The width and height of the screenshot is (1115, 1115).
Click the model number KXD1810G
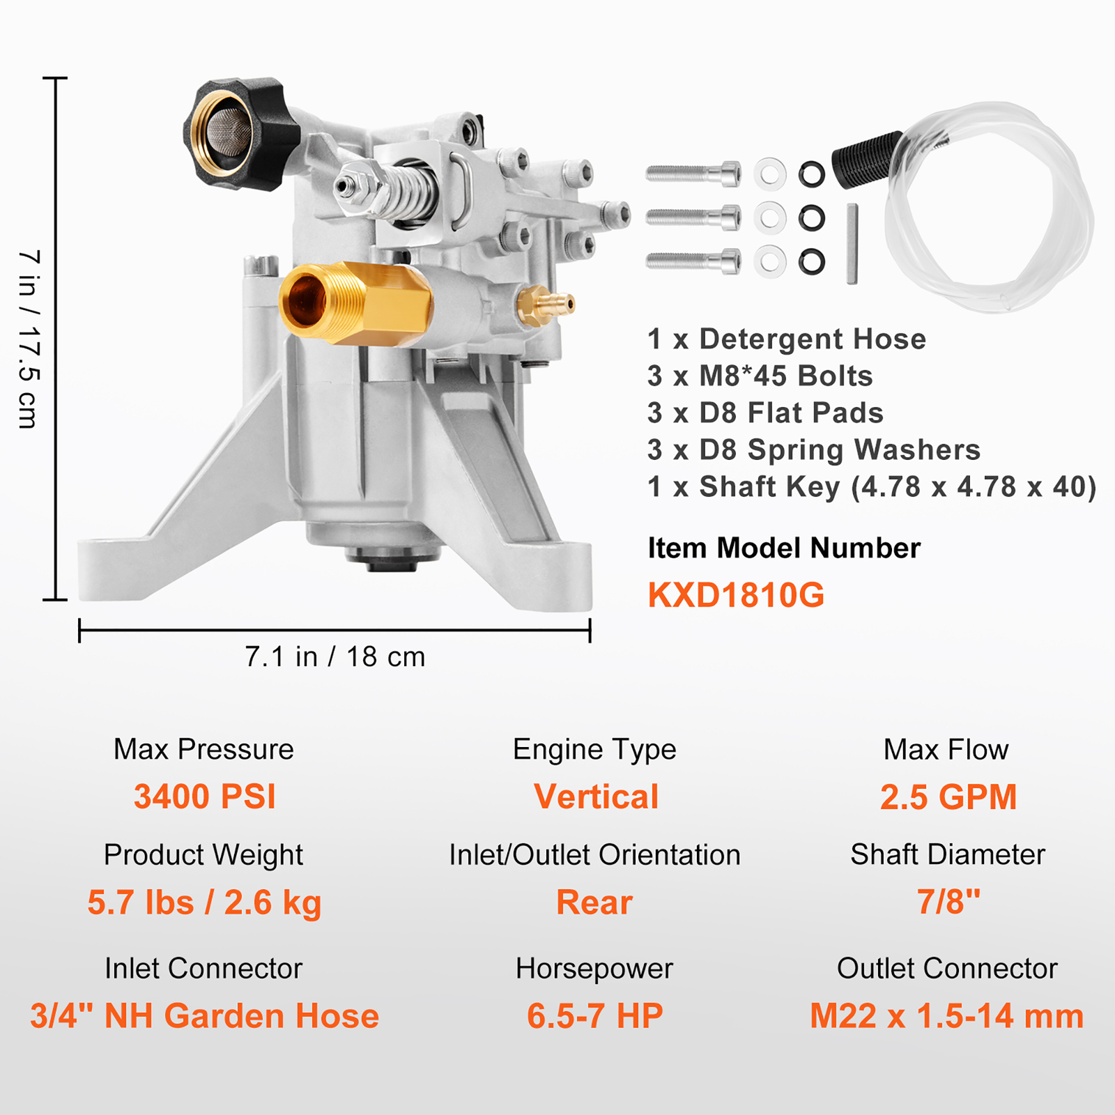pos(736,595)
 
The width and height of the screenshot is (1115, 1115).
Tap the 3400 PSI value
pos(204,797)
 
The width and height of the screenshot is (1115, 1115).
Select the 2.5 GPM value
pos(948,797)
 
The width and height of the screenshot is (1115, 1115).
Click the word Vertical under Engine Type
pos(596,797)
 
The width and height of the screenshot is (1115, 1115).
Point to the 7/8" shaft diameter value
pos(948,902)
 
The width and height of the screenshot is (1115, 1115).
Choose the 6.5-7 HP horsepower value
pos(594,1015)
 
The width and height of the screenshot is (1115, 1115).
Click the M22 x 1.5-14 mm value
pos(946,1015)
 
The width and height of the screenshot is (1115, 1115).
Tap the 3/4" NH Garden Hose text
pos(204,1015)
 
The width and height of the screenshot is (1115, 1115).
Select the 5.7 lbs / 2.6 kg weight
pos(204,902)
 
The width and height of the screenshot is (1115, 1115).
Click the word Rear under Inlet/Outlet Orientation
pos(594,902)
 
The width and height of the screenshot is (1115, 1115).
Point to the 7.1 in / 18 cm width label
pos(334,656)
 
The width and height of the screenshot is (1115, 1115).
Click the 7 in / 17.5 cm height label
pos(28,339)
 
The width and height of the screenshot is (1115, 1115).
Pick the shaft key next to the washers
pos(852,244)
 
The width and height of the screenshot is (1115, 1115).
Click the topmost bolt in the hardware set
pos(693,174)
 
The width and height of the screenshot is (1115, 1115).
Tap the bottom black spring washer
pos(812,262)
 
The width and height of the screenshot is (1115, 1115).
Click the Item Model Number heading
pos(783,548)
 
